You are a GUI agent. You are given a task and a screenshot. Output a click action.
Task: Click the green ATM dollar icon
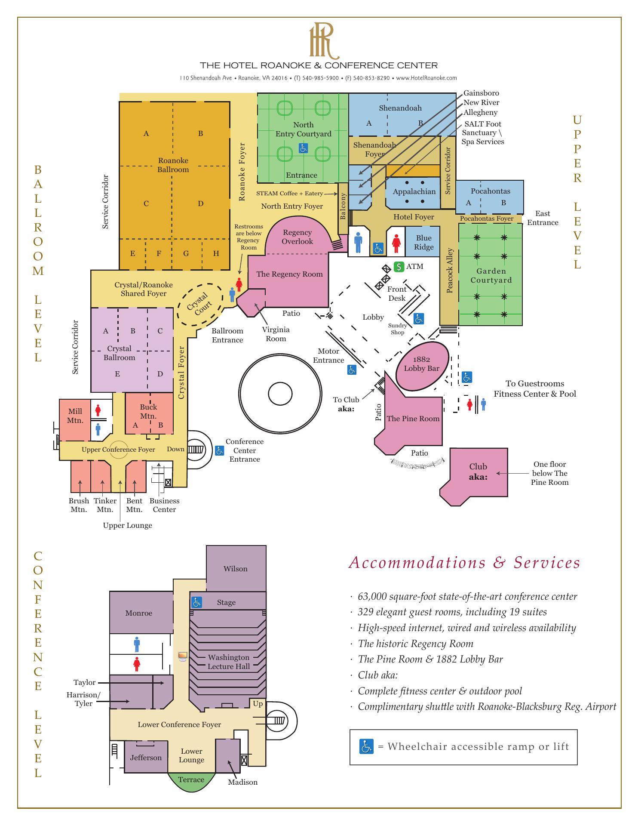click(399, 267)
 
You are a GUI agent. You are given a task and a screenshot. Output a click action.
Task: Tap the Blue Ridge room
click(423, 243)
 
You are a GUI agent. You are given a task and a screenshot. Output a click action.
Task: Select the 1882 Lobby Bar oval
click(422, 364)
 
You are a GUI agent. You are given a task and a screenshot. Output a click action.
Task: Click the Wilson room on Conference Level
click(236, 569)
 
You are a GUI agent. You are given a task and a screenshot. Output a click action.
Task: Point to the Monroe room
click(138, 613)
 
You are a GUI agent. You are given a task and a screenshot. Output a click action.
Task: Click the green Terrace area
click(191, 780)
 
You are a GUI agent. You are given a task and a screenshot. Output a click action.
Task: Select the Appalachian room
click(414, 192)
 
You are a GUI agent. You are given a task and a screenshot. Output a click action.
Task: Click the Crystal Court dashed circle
click(199, 304)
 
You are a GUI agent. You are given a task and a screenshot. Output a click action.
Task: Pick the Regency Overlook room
click(297, 237)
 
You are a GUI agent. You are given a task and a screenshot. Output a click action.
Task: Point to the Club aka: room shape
click(477, 473)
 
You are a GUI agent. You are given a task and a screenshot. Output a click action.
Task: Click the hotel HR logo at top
click(323, 41)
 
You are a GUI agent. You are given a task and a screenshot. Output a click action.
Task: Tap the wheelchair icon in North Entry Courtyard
click(303, 148)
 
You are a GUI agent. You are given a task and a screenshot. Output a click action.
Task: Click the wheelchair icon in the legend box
click(366, 746)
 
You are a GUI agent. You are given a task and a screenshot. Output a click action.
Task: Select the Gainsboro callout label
click(481, 93)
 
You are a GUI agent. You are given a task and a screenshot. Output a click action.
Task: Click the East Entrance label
click(543, 218)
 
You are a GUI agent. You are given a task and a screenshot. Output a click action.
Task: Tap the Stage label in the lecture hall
click(226, 602)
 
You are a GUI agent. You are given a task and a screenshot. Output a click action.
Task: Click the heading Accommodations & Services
click(464, 563)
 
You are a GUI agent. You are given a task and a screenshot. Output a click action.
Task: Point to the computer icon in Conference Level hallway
click(183, 656)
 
